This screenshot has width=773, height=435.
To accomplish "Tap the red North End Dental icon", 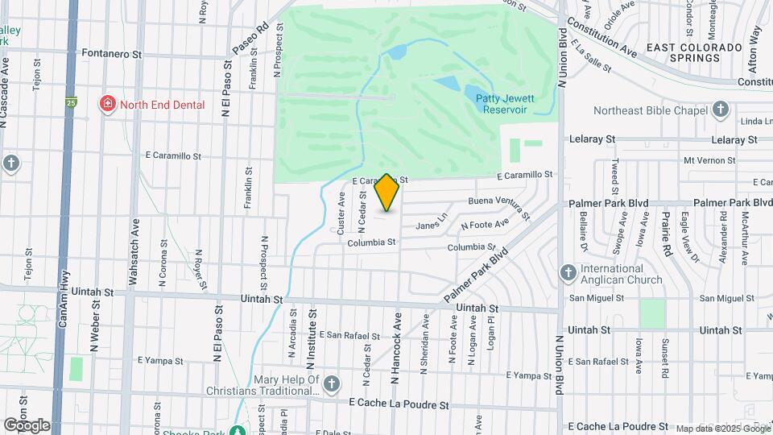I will pyautogui.click(x=106, y=104).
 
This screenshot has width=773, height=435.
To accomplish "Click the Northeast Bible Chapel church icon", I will pyautogui.click(x=721, y=110).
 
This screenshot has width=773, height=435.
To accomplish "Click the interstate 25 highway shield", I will pyautogui.click(x=72, y=103).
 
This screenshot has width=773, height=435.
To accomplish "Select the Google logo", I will pyautogui.click(x=27, y=425).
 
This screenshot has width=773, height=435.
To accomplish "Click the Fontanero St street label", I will pyautogui.click(x=112, y=54).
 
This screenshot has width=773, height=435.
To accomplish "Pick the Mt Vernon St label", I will pyautogui.click(x=709, y=160).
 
